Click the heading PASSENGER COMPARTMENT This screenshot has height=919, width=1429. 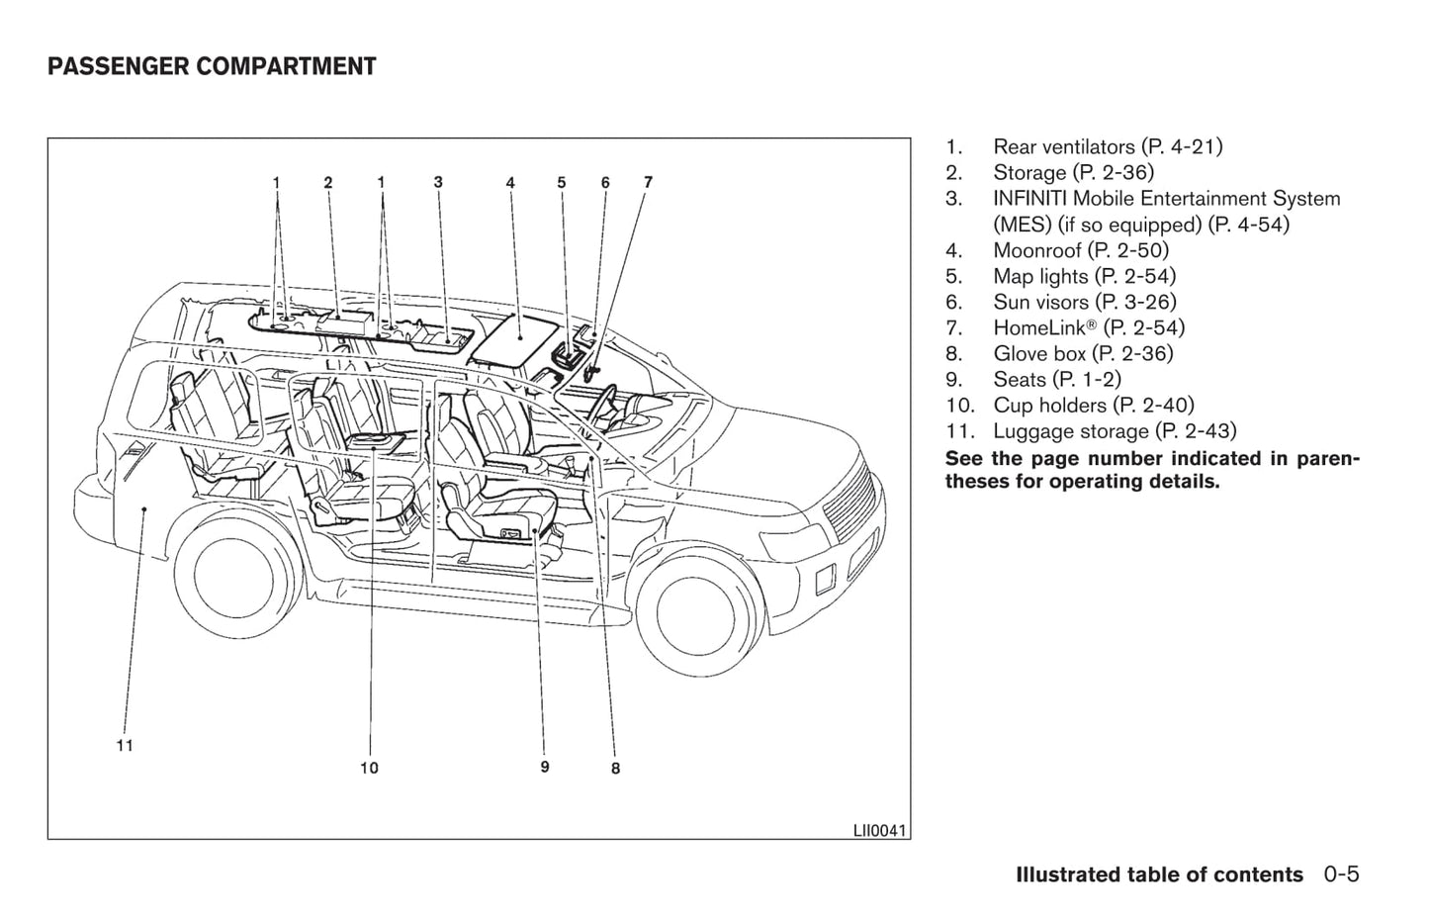pyautogui.click(x=212, y=67)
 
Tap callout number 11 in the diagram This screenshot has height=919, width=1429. pyautogui.click(x=125, y=746)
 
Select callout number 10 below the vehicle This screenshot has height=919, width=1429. pyautogui.click(x=369, y=768)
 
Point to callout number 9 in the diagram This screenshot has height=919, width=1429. pyautogui.click(x=545, y=767)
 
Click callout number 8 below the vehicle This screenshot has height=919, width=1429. pyautogui.click(x=615, y=769)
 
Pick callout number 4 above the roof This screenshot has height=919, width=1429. pyautogui.click(x=510, y=183)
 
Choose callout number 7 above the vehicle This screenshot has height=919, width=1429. pyautogui.click(x=648, y=182)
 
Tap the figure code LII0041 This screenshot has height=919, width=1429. pyautogui.click(x=879, y=831)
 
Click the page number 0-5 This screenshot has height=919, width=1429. pyautogui.click(x=1342, y=874)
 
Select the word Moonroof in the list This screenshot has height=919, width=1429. pyautogui.click(x=1036, y=251)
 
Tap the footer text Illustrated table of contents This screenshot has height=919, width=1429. pyautogui.click(x=1159, y=875)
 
